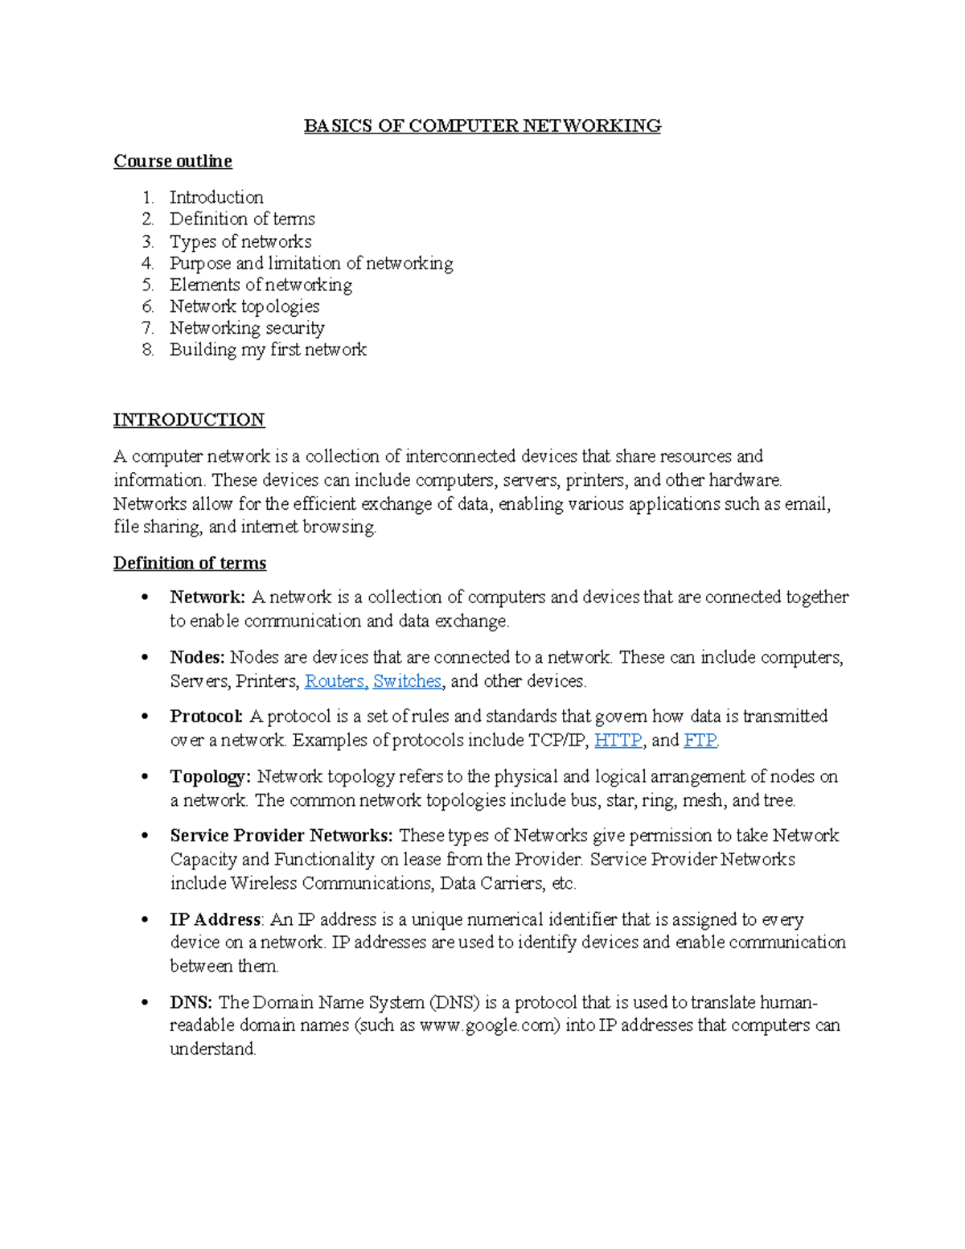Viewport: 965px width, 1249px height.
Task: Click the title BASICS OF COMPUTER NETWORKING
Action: (482, 125)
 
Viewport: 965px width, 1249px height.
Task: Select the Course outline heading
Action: (173, 161)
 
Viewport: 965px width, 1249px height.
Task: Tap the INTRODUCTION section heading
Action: (189, 420)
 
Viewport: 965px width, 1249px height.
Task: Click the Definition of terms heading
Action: (190, 563)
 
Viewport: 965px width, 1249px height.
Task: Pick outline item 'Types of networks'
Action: (240, 241)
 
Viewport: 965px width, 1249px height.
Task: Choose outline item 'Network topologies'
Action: (244, 306)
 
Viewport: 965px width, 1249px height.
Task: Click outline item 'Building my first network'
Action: (268, 350)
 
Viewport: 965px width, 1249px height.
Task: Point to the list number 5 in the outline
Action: (147, 285)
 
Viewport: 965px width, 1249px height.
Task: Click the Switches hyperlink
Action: (407, 681)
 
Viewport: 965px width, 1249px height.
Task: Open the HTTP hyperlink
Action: (618, 741)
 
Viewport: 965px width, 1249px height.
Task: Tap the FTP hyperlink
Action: (700, 741)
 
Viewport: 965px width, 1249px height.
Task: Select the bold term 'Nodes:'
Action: (197, 658)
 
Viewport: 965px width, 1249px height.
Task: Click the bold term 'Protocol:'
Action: (206, 717)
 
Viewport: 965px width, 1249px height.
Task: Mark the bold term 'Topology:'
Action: (210, 777)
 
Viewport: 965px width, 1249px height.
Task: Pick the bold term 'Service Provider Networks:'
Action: (281, 836)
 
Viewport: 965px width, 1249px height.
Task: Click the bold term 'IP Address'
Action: (215, 919)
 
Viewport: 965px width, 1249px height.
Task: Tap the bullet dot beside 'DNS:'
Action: (145, 1003)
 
